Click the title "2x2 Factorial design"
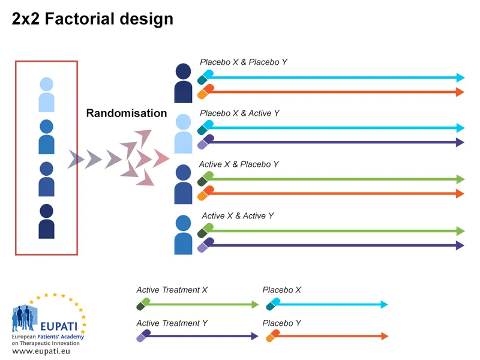tap(92, 19)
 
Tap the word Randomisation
tap(126, 113)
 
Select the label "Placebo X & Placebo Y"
tap(244, 62)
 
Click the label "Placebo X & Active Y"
tap(239, 113)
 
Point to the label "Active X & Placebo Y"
tap(239, 164)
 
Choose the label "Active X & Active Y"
tap(238, 215)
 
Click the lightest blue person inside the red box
tap(46, 95)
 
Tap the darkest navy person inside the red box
tap(46, 221)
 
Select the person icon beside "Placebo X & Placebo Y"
tap(184, 83)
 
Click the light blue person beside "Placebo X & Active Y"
tap(184, 134)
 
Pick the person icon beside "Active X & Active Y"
tap(184, 235)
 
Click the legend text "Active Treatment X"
tap(172, 290)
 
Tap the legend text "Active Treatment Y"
tap(172, 323)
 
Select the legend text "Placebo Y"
tap(281, 323)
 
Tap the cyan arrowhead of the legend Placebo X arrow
tap(383, 304)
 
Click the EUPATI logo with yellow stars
tap(48, 315)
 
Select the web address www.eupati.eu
tap(41, 351)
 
